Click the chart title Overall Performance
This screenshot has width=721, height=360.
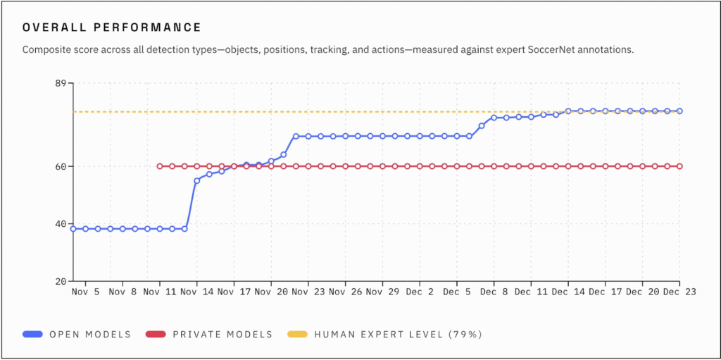(x=112, y=27)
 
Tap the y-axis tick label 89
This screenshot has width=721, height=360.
(x=60, y=84)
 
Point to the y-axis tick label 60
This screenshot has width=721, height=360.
(x=60, y=166)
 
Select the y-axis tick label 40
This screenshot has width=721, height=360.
(x=60, y=224)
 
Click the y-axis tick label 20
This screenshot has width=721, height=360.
(x=60, y=281)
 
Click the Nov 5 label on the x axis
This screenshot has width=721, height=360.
(x=85, y=292)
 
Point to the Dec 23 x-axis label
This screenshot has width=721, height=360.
(x=679, y=292)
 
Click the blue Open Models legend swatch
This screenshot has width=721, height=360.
(x=32, y=334)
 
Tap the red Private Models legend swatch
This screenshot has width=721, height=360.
(x=156, y=334)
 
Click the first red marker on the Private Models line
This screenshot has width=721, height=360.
(x=160, y=166)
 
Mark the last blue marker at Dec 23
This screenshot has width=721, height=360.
(x=680, y=111)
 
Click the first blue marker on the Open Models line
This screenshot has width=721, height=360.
(x=73, y=228)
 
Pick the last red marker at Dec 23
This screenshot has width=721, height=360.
(x=680, y=166)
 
